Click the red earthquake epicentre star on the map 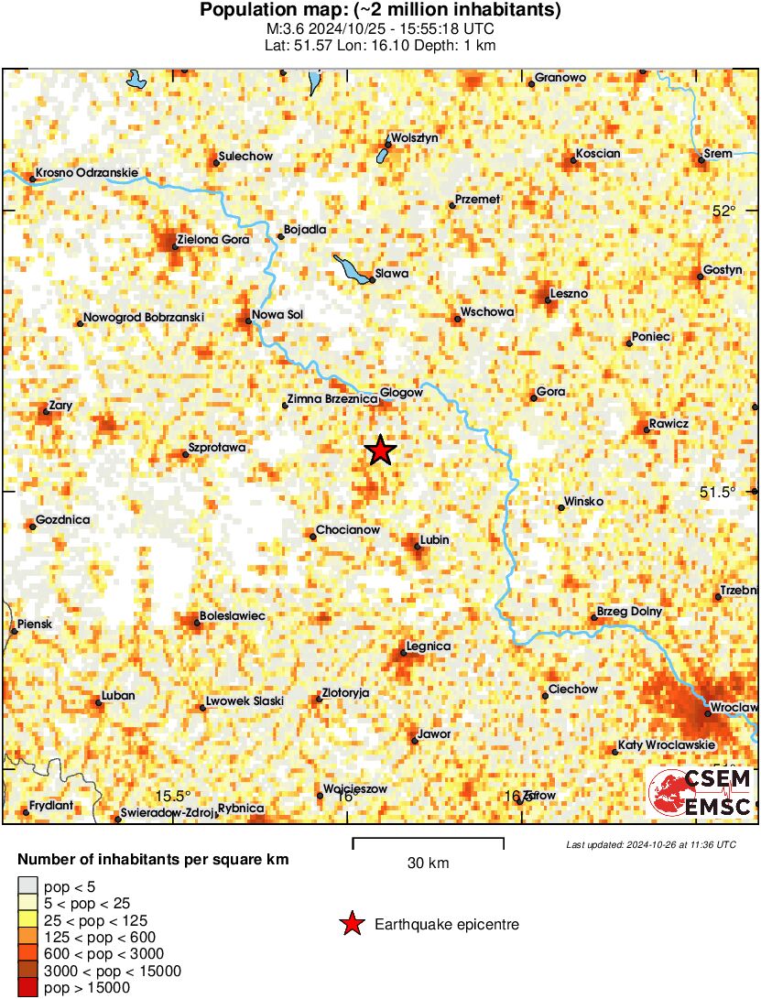pyautogui.click(x=380, y=451)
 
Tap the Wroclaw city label pyautogui.click(x=735, y=708)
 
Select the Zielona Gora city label pyautogui.click(x=212, y=240)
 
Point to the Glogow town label pyautogui.click(x=401, y=392)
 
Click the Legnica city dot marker pyautogui.click(x=404, y=654)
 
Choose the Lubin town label pyautogui.click(x=434, y=540)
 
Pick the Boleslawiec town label pyautogui.click(x=233, y=616)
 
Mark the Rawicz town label pyautogui.click(x=669, y=423)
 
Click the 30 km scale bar pyautogui.click(x=428, y=839)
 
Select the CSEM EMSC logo pyautogui.click(x=701, y=793)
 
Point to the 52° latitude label pyautogui.click(x=724, y=212)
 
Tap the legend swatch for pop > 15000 pyautogui.click(x=28, y=987)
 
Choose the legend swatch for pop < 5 pyautogui.click(x=28, y=885)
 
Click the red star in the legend pyautogui.click(x=351, y=925)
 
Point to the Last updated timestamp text pyautogui.click(x=650, y=844)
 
